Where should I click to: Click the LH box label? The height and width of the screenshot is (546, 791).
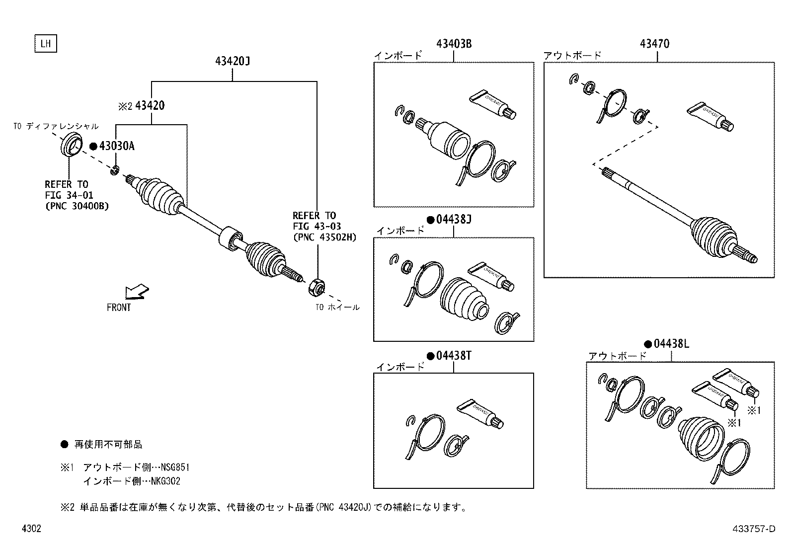(x=46, y=44)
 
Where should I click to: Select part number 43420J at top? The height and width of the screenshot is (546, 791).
(x=233, y=61)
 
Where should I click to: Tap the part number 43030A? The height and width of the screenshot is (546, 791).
(x=117, y=146)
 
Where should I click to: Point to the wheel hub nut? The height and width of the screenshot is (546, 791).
(x=317, y=287)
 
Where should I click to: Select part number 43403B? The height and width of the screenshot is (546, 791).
(x=454, y=44)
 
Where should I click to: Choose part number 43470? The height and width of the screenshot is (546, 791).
(x=654, y=44)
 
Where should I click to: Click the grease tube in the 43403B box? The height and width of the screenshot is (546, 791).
(x=493, y=105)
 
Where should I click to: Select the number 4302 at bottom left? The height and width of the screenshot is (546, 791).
(x=31, y=529)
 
